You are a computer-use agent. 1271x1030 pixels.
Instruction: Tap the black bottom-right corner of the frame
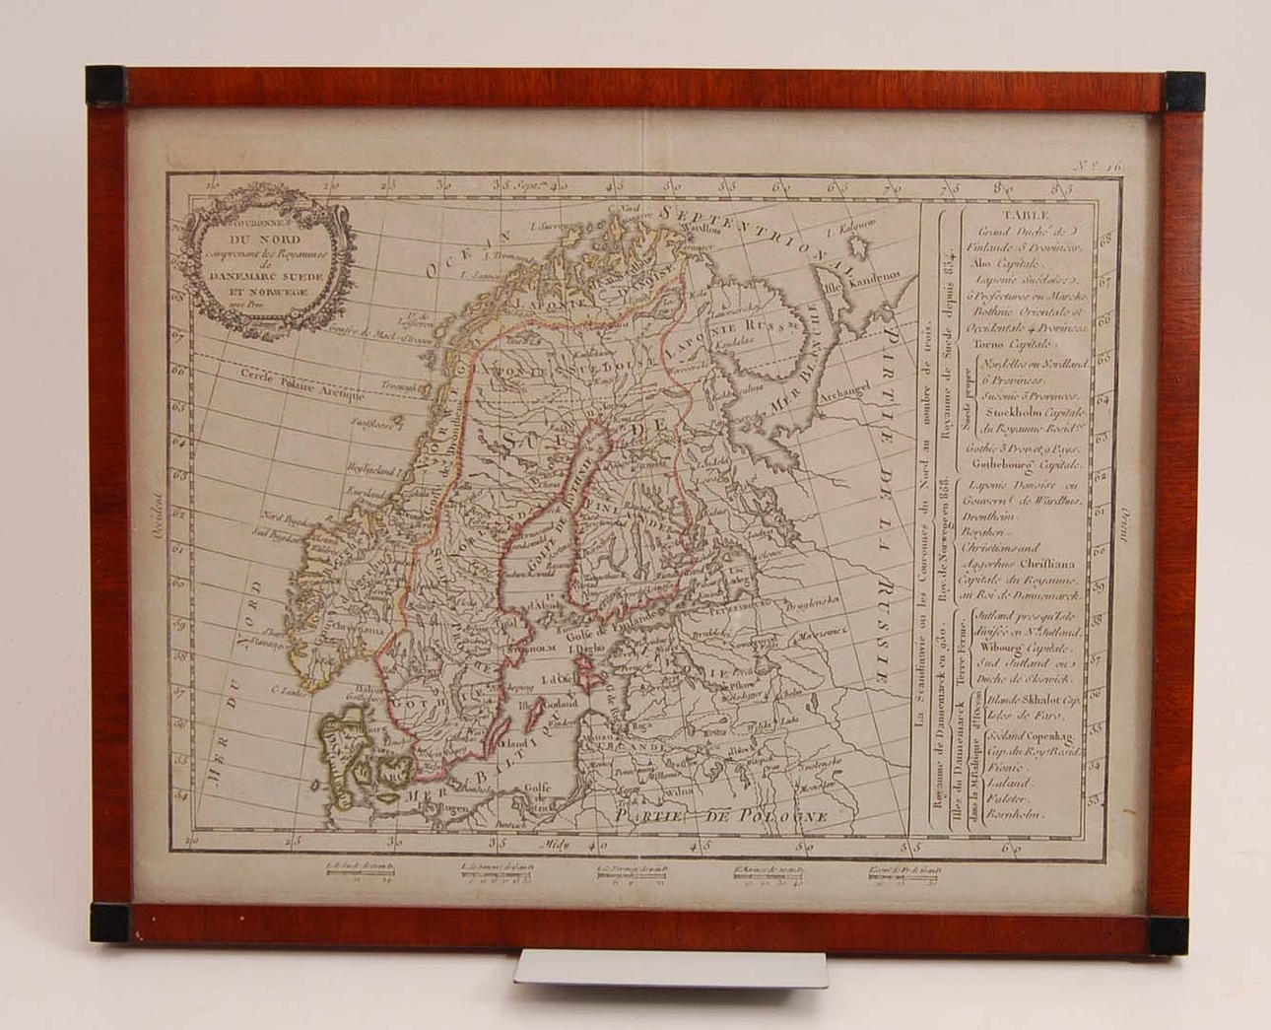click(1169, 934)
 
